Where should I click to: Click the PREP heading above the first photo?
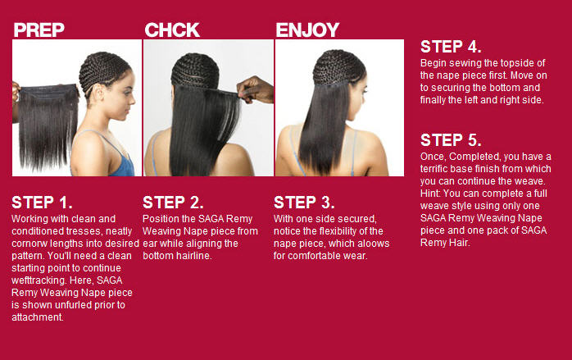tap(39, 30)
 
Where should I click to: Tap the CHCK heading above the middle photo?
tap(172, 30)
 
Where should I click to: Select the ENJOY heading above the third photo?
tap(307, 30)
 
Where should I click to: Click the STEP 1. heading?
tap(42, 203)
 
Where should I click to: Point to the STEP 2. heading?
tap(173, 203)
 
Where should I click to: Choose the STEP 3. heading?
tap(304, 203)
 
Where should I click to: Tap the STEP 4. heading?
tap(451, 47)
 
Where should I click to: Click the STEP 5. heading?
tap(451, 140)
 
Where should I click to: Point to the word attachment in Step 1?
tap(37, 317)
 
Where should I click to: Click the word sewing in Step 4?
tap(464, 63)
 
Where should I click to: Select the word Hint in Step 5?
tap(430, 194)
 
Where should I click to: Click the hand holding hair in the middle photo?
tap(256, 90)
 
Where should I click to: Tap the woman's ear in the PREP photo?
tap(100, 91)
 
